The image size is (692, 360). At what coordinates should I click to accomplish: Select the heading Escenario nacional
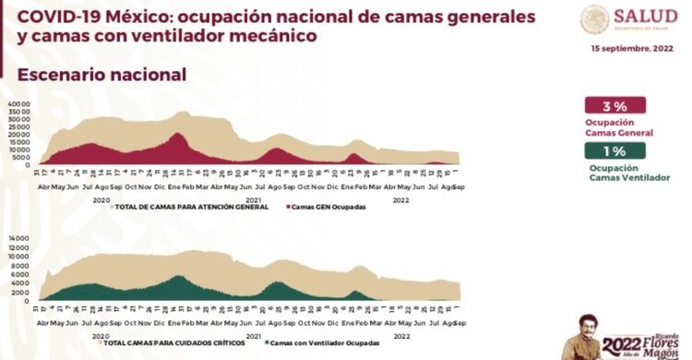pos(101,74)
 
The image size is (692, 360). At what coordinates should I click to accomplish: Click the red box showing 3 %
pos(614,105)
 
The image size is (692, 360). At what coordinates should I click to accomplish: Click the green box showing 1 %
pos(614,150)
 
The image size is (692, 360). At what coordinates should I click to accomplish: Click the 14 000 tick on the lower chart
pos(20,239)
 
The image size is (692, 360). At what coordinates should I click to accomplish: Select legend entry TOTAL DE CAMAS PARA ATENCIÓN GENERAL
pos(189,207)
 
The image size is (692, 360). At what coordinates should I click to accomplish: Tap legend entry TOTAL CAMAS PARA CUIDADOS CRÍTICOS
pos(175,342)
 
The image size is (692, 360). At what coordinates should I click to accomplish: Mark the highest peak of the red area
pos(178,134)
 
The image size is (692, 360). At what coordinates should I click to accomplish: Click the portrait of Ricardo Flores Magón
pos(585,333)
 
